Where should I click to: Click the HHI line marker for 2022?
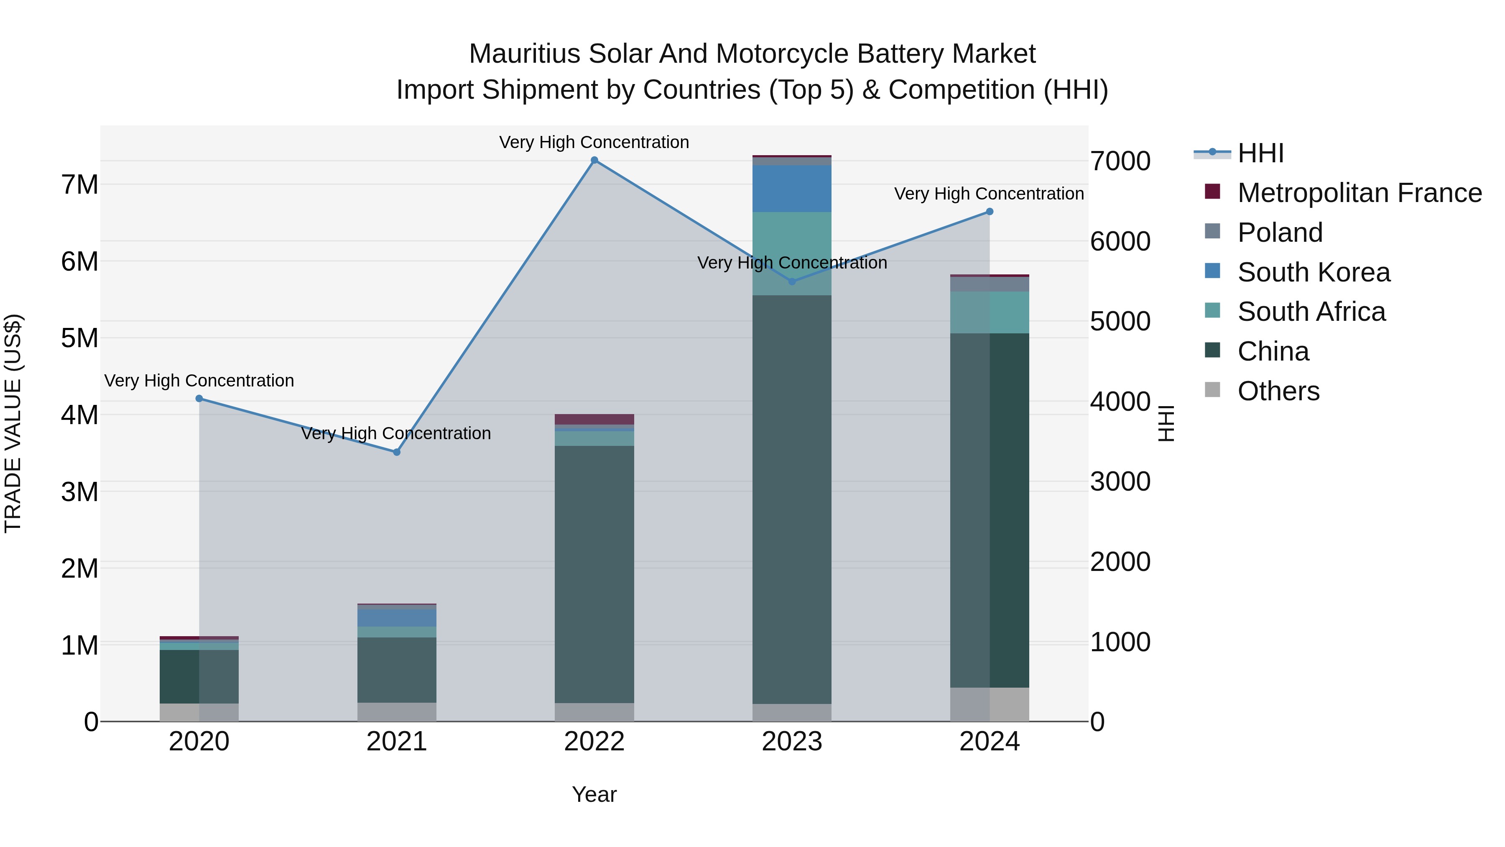pos(594,160)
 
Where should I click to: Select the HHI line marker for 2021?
pos(397,452)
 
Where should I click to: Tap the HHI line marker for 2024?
pos(989,212)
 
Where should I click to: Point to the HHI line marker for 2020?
pos(199,399)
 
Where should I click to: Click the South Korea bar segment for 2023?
pos(792,188)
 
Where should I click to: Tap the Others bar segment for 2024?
pos(989,704)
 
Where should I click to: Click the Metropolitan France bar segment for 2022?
pos(594,419)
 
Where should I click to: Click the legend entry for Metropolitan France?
pos(1359,193)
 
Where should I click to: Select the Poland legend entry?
pos(1280,233)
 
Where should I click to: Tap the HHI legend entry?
pos(1260,153)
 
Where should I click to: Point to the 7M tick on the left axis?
pos(79,185)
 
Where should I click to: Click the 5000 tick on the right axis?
pos(1120,322)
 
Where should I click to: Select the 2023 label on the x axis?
pos(792,742)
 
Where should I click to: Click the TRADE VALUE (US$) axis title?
pos(13,423)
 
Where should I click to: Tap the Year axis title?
pos(594,794)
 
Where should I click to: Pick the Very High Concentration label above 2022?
pos(594,142)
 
